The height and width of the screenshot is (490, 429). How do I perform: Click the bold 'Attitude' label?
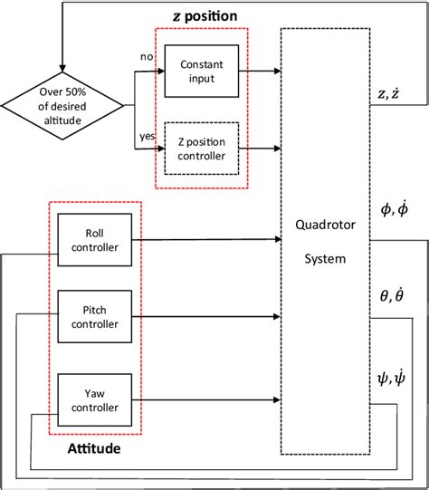tap(95, 448)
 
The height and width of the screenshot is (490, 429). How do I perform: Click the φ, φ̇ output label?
tap(396, 209)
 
